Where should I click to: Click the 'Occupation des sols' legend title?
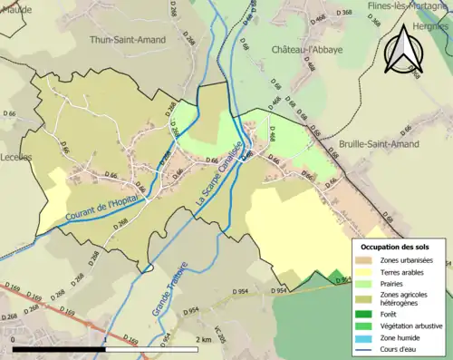coord(395,246)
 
